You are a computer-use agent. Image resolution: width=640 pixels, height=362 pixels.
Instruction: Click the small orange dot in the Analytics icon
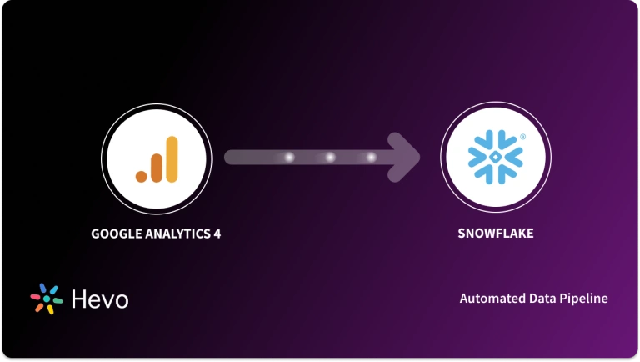pos(142,175)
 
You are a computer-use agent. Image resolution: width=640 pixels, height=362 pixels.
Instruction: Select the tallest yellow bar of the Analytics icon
pos(172,158)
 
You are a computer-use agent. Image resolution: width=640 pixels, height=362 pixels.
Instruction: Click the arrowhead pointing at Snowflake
pos(409,157)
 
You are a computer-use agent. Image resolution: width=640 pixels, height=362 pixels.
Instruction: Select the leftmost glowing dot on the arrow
pos(289,157)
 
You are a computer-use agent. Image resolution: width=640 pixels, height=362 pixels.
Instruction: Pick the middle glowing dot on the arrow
pos(330,157)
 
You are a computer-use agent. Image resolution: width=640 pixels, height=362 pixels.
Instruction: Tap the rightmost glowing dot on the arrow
pos(371,157)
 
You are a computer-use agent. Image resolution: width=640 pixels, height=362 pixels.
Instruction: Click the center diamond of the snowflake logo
pos(496,158)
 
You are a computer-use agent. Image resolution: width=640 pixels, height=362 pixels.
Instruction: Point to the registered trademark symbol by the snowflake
pos(522,136)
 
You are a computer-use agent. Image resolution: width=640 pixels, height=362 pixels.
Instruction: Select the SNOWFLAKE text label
pos(496,234)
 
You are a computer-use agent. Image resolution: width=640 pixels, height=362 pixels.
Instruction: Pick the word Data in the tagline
pos(542,299)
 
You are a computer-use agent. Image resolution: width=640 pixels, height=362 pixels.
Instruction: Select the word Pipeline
pos(583,299)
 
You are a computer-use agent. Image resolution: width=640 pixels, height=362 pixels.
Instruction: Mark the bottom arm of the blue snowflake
pos(496,178)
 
